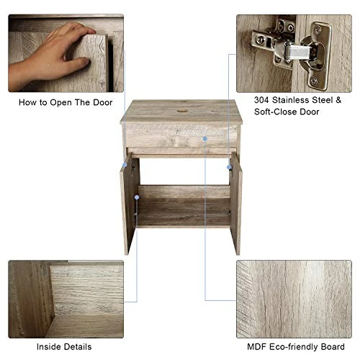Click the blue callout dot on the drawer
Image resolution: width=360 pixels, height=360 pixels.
(x=205, y=136)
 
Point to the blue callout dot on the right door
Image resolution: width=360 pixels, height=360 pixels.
(x=230, y=167)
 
